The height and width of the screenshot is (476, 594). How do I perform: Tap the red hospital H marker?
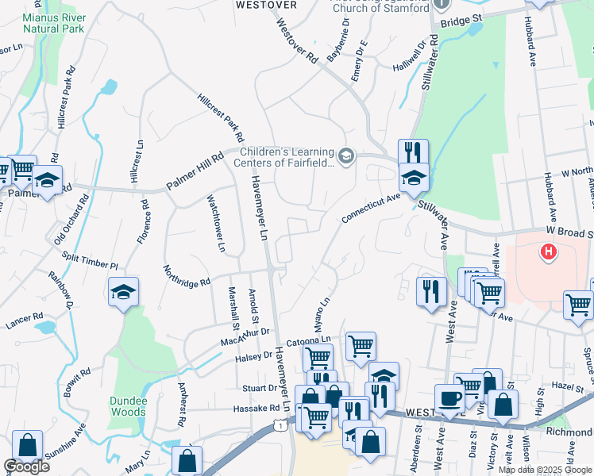[x=547, y=252]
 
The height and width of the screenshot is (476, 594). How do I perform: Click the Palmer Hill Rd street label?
[x=195, y=171]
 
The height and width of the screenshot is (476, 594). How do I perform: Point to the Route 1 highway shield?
[x=280, y=426]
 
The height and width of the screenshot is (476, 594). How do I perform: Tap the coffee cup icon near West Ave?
[x=449, y=399]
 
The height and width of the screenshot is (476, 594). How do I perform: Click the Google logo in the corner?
[x=26, y=466]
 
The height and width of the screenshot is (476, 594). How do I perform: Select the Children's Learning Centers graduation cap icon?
[x=345, y=155]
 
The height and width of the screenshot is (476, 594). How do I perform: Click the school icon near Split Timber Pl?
[x=124, y=292]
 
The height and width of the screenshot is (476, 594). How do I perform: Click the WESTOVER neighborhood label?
[x=266, y=5]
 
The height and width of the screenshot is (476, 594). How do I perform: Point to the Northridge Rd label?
[x=187, y=274]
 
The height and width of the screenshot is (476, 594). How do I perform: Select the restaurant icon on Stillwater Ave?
[x=413, y=153]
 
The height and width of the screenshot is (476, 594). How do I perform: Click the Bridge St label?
[x=461, y=18]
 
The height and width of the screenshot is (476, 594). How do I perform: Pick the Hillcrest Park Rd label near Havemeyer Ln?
[x=221, y=118]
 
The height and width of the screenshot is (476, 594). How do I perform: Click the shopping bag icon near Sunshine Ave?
[x=28, y=447]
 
